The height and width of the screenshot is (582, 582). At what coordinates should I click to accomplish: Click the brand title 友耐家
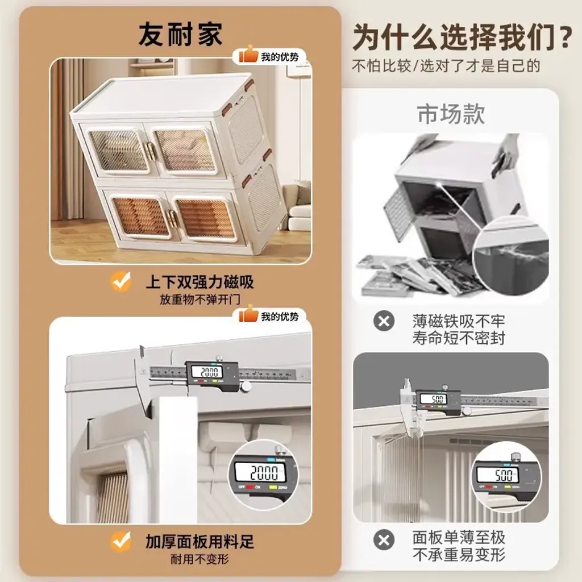point(180,35)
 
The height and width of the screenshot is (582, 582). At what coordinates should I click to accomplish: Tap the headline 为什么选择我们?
point(462,37)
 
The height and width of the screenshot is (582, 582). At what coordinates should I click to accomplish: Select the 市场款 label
point(451,114)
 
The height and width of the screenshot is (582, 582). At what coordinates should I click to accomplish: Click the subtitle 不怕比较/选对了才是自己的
point(446,66)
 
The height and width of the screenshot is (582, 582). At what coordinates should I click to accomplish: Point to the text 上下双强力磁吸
point(199,282)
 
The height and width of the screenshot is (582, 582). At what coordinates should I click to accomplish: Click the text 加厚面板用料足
point(199,542)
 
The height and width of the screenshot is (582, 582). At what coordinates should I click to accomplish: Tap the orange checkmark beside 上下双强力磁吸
point(120,281)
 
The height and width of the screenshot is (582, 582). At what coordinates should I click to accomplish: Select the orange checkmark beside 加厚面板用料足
point(120,541)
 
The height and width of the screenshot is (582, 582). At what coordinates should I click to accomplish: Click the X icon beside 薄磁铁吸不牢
point(384,321)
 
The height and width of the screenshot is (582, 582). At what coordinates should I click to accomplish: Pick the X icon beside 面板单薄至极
point(384,540)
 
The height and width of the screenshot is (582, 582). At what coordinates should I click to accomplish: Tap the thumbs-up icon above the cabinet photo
point(248,54)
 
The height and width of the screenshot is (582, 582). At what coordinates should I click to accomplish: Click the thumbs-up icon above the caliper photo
point(248,314)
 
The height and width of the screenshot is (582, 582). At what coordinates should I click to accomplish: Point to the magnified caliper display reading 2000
point(263,474)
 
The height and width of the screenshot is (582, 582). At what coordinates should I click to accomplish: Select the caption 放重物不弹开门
point(199,299)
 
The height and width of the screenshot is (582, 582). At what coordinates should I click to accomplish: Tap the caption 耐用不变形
point(199,559)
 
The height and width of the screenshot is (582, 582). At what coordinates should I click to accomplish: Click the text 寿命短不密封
point(459,338)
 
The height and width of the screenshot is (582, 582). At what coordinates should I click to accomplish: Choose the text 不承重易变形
point(459,555)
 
